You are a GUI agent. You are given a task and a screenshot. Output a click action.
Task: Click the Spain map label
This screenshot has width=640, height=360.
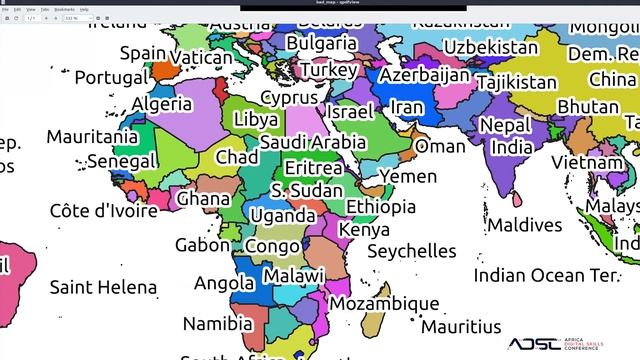point(143,53)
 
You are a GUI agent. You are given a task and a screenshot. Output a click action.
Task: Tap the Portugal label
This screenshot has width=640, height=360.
point(111,77)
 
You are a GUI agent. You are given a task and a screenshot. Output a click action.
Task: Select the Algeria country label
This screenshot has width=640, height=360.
point(162,103)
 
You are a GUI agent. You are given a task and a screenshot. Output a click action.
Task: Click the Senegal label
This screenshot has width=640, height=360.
point(121,160)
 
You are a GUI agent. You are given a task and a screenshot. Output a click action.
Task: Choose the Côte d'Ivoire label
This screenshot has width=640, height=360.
point(104,211)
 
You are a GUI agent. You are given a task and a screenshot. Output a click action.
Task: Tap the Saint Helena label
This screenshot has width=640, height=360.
point(103,288)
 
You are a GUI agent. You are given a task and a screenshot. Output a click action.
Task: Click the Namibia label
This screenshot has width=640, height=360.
point(217,324)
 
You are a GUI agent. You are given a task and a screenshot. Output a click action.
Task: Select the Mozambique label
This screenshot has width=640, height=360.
point(384,303)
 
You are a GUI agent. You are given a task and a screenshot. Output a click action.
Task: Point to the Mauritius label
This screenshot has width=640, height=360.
point(461,326)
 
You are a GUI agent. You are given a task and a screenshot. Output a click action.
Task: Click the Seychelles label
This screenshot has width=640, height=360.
point(411,251)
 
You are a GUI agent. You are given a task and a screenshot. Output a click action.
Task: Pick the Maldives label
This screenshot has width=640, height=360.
point(524,225)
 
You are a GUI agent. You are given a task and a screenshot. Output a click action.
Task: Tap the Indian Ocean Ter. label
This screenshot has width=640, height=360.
point(547,274)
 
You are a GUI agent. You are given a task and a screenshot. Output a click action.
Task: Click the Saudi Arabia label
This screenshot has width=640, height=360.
point(313,143)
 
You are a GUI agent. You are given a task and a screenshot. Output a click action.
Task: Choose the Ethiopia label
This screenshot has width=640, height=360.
point(381,207)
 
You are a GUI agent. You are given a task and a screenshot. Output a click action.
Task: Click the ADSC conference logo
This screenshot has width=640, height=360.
point(570,343)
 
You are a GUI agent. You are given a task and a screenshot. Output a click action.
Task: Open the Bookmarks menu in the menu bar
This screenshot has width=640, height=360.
point(64,8)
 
